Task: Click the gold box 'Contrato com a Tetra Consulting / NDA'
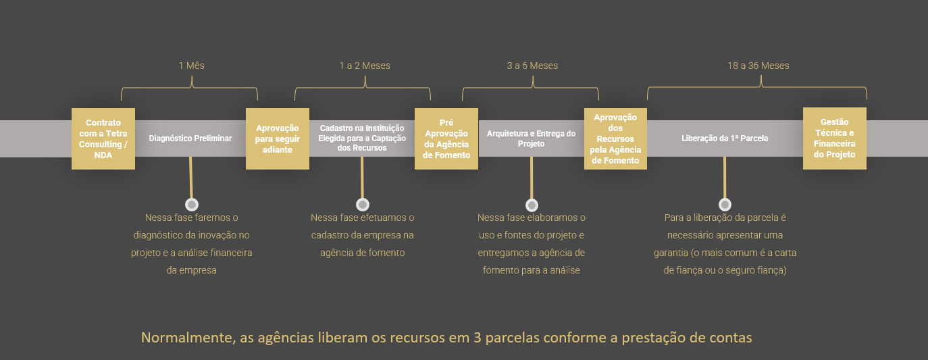[103, 138]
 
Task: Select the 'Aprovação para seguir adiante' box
[278, 138]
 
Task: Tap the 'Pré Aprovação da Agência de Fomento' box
[446, 138]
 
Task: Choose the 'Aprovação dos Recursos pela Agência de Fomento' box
[615, 138]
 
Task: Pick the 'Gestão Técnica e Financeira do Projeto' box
[834, 138]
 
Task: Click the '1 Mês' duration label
[191, 66]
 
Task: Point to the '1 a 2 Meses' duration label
[365, 66]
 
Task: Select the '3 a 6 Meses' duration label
[532, 66]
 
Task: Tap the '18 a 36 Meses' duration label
[758, 66]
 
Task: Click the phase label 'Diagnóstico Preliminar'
[190, 138]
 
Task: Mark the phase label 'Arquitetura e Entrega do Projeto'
[531, 138]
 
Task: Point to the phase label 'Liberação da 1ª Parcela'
[725, 138]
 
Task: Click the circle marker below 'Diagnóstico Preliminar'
[192, 205]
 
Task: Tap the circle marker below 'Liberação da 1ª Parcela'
[725, 205]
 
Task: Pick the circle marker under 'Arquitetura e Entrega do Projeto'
[532, 205]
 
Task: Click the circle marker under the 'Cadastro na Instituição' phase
[363, 205]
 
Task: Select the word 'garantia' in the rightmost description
[671, 253]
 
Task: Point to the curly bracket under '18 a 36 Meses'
[757, 88]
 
